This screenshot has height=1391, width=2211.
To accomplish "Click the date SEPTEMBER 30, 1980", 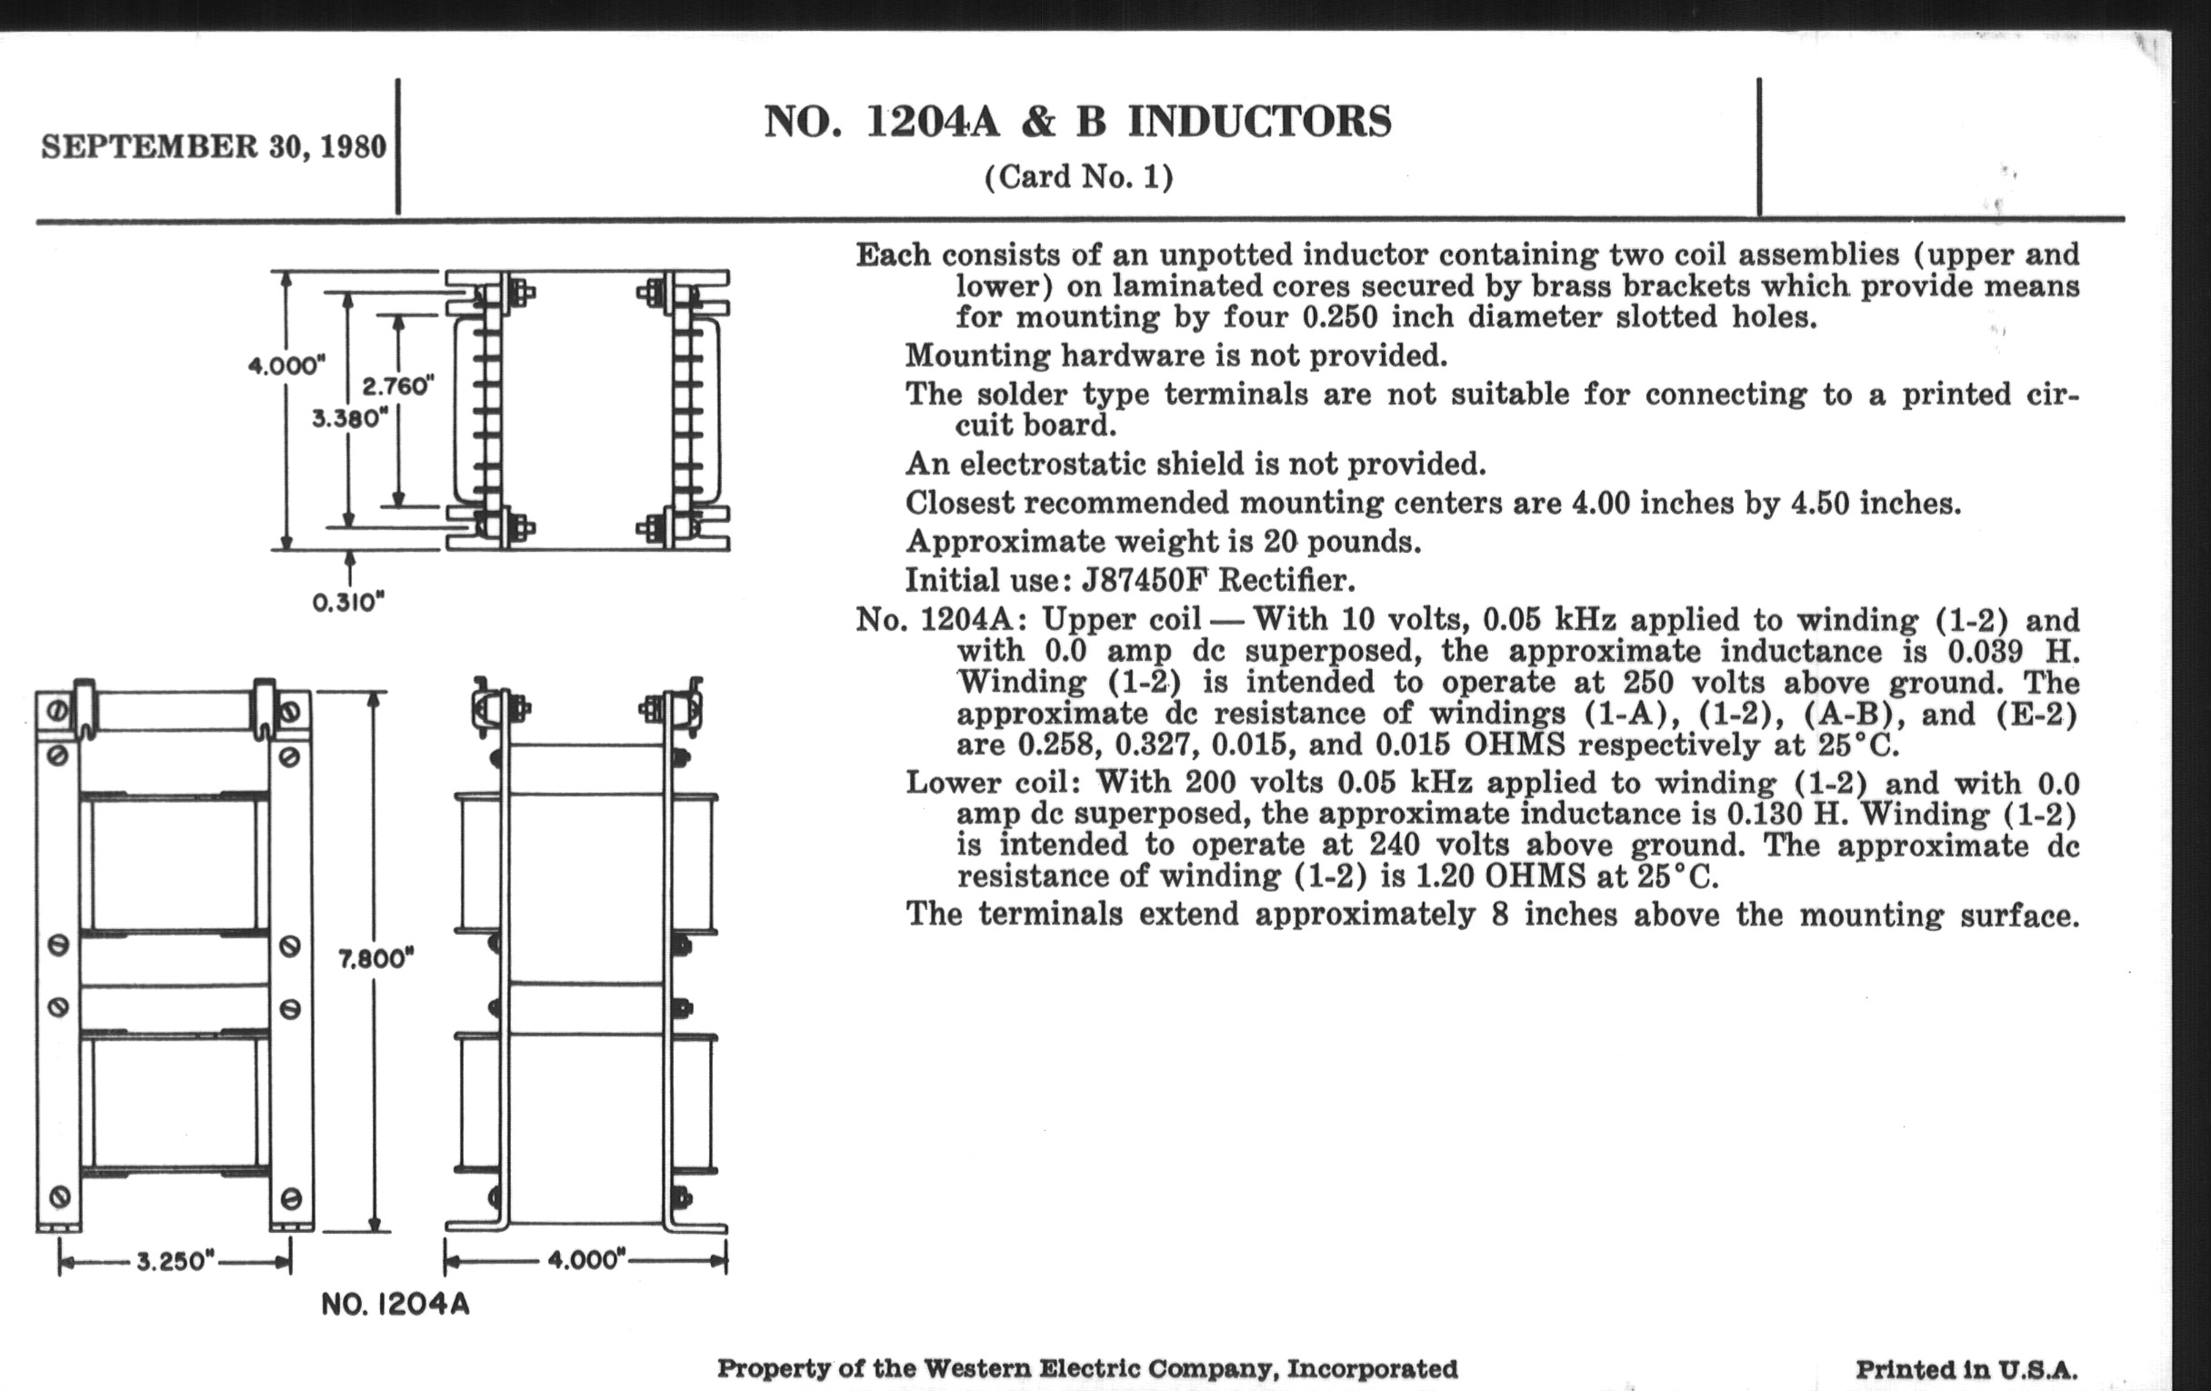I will click(x=213, y=147).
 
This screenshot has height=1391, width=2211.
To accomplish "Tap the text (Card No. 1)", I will click(x=1078, y=176).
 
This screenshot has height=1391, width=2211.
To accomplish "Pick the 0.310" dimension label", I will click(x=348, y=602).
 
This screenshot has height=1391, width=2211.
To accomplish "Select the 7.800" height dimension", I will click(x=376, y=959).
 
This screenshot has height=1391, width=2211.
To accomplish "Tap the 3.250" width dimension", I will click(x=175, y=1262).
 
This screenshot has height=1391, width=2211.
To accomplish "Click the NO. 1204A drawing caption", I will click(x=395, y=1305).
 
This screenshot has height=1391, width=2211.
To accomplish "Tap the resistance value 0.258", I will click(x=1055, y=745).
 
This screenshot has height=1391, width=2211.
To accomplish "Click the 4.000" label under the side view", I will click(x=585, y=1259).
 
